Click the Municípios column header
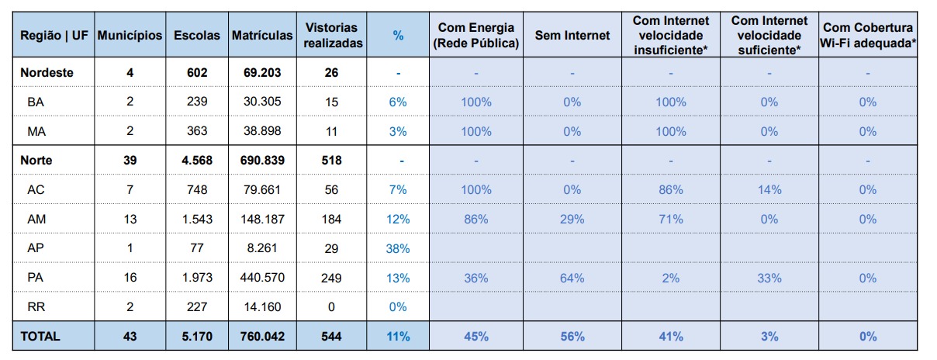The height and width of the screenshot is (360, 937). [130, 36]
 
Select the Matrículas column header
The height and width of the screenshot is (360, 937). [262, 36]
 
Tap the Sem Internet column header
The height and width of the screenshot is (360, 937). [572, 36]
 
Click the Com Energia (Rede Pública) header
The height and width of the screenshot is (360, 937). [475, 36]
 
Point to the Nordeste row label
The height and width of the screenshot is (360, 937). [47, 72]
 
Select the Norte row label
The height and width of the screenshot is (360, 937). [37, 161]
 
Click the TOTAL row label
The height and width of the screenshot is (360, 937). [40, 336]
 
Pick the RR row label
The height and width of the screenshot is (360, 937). [36, 306]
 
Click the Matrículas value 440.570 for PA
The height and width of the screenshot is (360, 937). [261, 278]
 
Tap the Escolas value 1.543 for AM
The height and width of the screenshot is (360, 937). [197, 220]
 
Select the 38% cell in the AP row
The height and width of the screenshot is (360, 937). [398, 249]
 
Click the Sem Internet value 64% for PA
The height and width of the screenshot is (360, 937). [572, 278]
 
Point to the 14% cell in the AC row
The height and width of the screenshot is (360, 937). [769, 190]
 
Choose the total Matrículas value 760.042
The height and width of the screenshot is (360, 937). [261, 336]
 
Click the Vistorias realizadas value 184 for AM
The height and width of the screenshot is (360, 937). [331, 220]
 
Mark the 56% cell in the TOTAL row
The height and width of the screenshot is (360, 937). [572, 336]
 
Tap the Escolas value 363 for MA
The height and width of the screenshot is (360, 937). [197, 131]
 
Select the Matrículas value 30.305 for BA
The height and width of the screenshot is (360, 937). [261, 102]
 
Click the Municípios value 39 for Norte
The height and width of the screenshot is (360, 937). [130, 161]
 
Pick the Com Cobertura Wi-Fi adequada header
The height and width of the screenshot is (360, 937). [868, 36]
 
